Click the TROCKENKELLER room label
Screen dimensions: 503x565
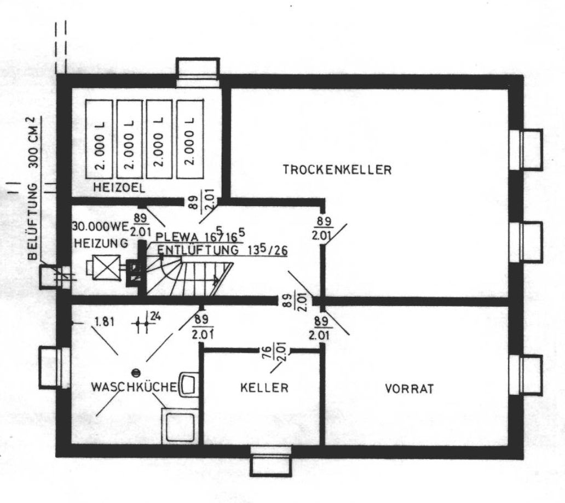[337, 169]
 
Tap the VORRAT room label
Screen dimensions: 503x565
[409, 389]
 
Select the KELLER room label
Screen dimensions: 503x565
[264, 388]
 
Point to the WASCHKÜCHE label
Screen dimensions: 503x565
[134, 387]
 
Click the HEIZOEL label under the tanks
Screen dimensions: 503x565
[118, 188]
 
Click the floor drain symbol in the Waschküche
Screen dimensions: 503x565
[136, 372]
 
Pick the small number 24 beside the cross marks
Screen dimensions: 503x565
[154, 315]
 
